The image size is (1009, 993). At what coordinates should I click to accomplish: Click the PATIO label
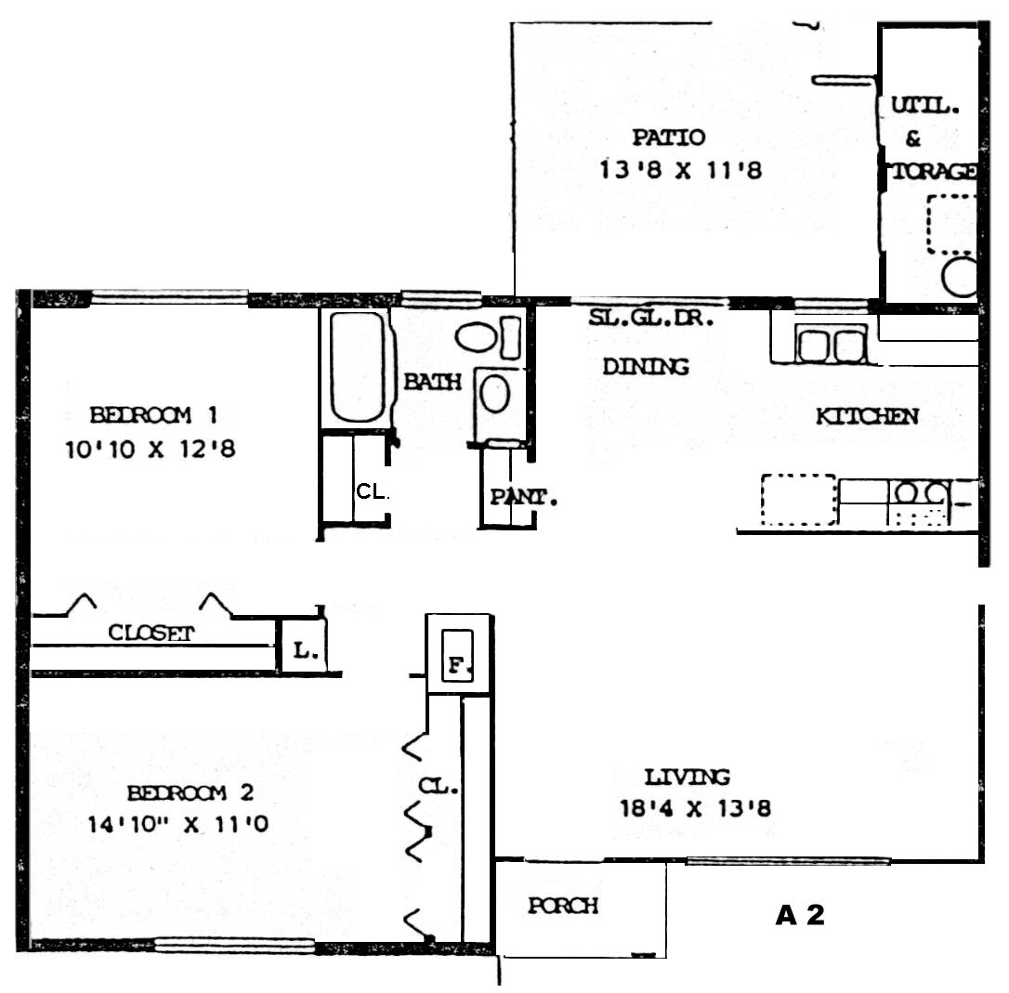(669, 137)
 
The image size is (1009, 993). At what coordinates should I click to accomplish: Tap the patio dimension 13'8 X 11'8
(681, 171)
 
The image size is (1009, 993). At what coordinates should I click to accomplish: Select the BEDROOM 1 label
(154, 415)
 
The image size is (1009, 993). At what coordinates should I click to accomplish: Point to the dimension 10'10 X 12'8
(151, 449)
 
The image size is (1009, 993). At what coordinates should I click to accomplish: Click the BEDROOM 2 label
(190, 792)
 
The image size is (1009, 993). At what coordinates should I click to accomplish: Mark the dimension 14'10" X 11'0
(177, 824)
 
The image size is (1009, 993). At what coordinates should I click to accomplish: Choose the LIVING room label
(688, 777)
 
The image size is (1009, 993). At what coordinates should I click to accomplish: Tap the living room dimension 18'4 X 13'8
(695, 808)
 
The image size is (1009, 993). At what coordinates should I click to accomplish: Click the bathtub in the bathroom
(357, 368)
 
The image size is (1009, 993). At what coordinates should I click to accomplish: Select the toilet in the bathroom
(488, 336)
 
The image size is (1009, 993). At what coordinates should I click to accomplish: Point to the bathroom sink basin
(495, 394)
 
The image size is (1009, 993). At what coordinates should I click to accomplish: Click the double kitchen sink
(830, 345)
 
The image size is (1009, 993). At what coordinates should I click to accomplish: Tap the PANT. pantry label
(523, 498)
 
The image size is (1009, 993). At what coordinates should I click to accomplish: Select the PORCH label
(563, 906)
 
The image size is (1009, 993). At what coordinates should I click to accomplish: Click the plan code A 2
(800, 915)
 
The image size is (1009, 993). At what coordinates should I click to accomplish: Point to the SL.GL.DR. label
(651, 318)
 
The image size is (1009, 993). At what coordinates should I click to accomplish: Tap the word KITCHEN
(868, 417)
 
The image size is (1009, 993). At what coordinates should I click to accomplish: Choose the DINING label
(646, 367)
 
